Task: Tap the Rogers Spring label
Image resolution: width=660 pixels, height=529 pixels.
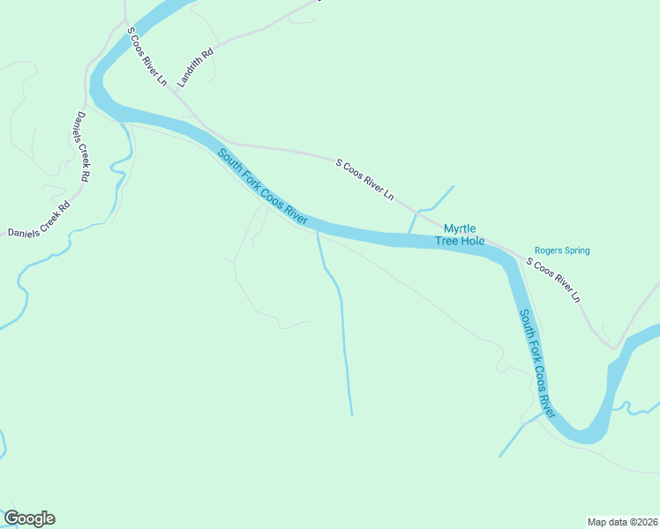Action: pyautogui.click(x=562, y=250)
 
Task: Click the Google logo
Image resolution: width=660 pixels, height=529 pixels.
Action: pyautogui.click(x=29, y=518)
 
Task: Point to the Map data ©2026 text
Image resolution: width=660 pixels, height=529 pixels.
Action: pyautogui.click(x=622, y=521)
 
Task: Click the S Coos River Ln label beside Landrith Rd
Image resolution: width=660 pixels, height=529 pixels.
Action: pyautogui.click(x=146, y=56)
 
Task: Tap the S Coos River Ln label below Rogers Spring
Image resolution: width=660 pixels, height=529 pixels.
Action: pyautogui.click(x=553, y=281)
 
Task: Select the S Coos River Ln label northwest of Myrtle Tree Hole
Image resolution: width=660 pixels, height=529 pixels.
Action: pyautogui.click(x=364, y=179)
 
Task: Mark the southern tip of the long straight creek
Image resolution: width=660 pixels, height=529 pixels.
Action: pyautogui.click(x=351, y=414)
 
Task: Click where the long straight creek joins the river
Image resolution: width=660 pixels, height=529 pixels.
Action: pyautogui.click(x=317, y=234)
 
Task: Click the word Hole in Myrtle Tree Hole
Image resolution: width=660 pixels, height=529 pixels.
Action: pyautogui.click(x=474, y=241)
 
